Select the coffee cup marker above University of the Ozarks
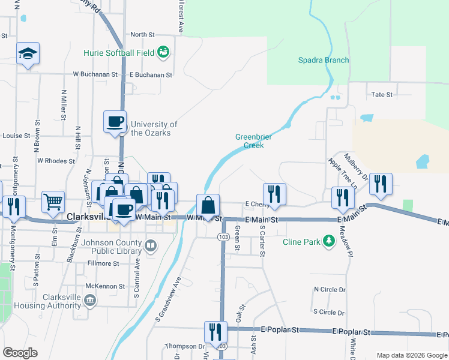[x=115, y=122]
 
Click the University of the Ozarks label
[x=154, y=128]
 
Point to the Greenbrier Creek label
[x=253, y=141]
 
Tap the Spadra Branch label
[x=324, y=60]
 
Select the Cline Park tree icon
[x=328, y=242]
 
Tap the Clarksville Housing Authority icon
[x=90, y=300]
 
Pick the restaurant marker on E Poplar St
[x=215, y=331]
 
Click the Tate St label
[x=382, y=95]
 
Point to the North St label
[x=142, y=35]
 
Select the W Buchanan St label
[x=95, y=74]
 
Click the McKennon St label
[x=104, y=286]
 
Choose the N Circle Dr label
[x=330, y=289]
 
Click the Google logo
[x=20, y=353]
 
